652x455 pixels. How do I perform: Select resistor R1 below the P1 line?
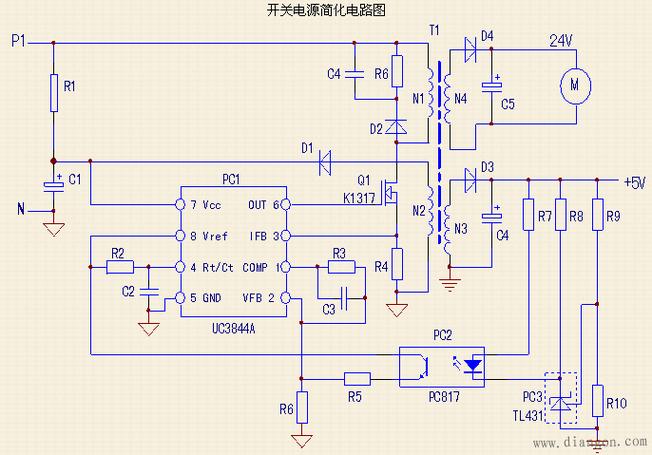click(x=52, y=93)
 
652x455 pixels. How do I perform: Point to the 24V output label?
click(x=561, y=41)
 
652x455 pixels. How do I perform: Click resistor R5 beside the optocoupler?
click(x=357, y=379)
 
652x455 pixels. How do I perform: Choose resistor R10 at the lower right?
click(x=596, y=403)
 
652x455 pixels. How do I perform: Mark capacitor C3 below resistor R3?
click(x=343, y=297)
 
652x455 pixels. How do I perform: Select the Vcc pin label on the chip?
click(x=211, y=204)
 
